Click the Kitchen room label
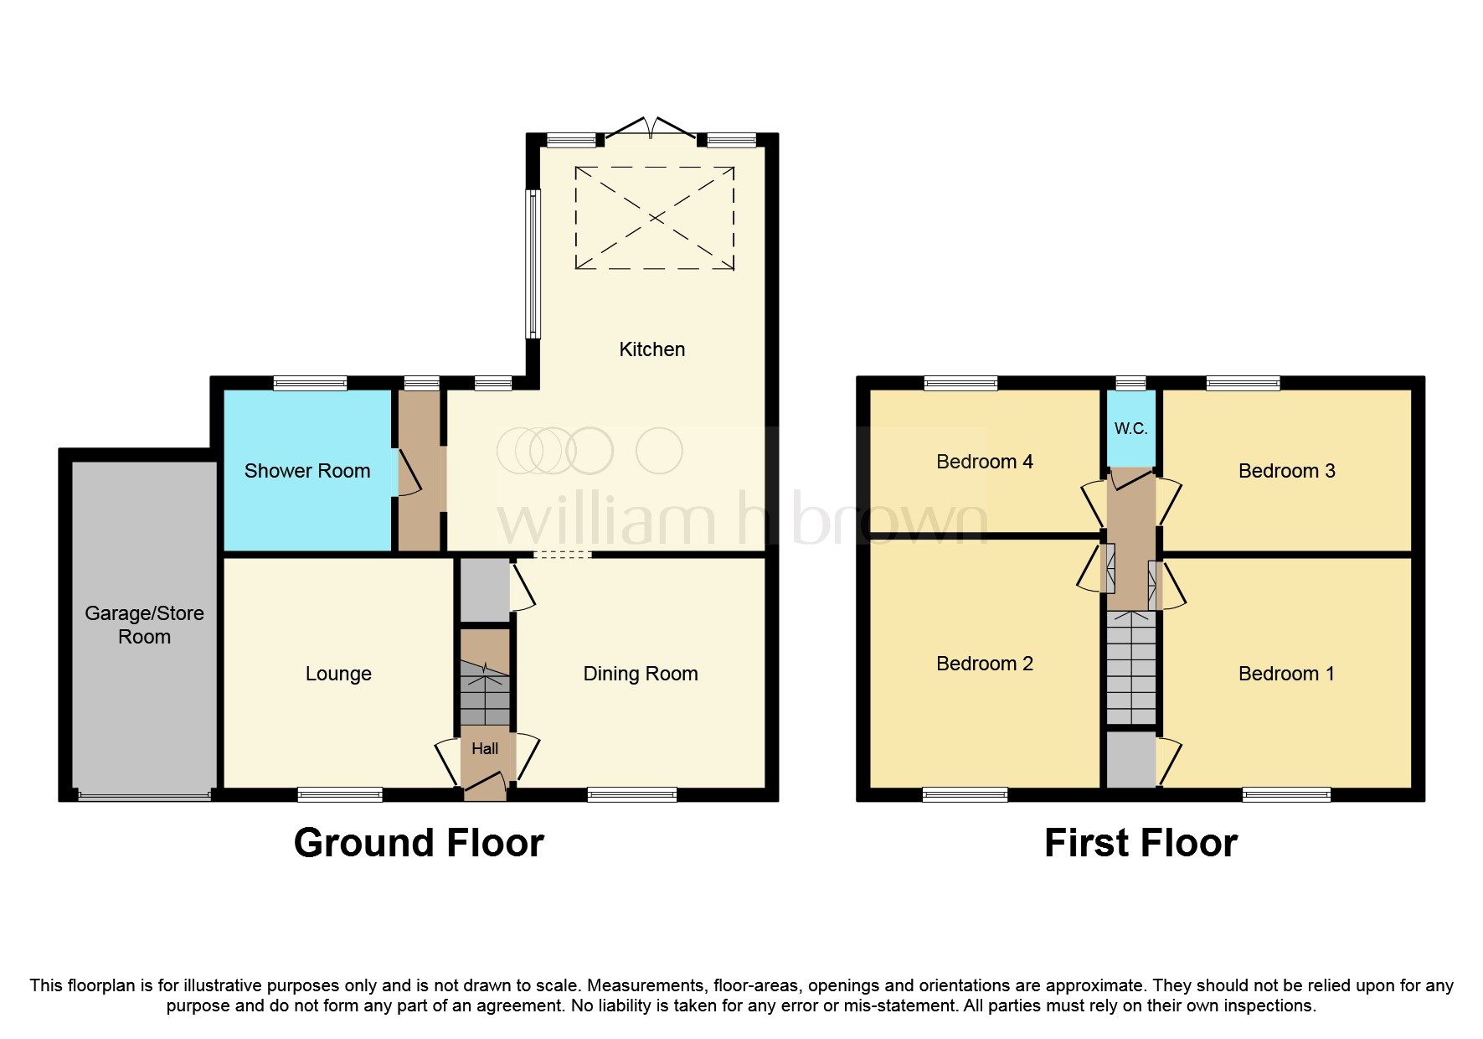click(651, 349)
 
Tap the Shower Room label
click(307, 471)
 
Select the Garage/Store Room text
click(144, 625)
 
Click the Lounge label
click(338, 674)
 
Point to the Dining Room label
click(641, 674)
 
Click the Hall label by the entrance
click(485, 749)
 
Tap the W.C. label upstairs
click(1130, 429)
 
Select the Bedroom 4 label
click(985, 462)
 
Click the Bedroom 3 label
click(1286, 471)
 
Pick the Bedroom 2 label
click(985, 664)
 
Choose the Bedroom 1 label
click(1286, 674)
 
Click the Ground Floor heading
click(419, 843)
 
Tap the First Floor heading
click(1141, 843)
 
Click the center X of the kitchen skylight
click(655, 218)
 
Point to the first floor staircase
click(1131, 668)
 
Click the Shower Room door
click(408, 473)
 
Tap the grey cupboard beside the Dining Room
click(484, 591)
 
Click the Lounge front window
click(340, 794)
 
